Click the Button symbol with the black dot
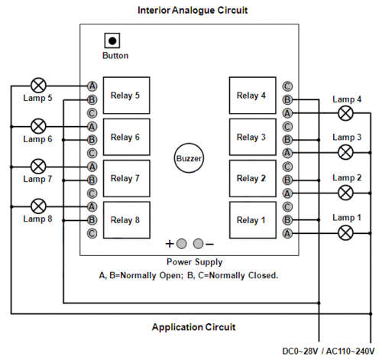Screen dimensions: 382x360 tap(112, 41)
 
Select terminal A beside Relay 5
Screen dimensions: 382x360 tap(92, 86)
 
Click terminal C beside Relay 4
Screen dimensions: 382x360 tap(287, 86)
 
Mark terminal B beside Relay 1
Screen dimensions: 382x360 tap(287, 220)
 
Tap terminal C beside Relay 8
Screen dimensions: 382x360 tap(92, 233)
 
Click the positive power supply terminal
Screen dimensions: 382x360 tap(181, 244)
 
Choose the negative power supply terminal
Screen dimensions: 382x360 tap(198, 244)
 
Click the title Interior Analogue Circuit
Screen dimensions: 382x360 tap(193, 10)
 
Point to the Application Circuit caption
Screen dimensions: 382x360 tap(193, 327)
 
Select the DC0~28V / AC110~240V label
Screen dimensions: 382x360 tap(329, 351)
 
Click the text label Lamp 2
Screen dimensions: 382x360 tap(347, 177)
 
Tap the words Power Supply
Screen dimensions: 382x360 tap(195, 262)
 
